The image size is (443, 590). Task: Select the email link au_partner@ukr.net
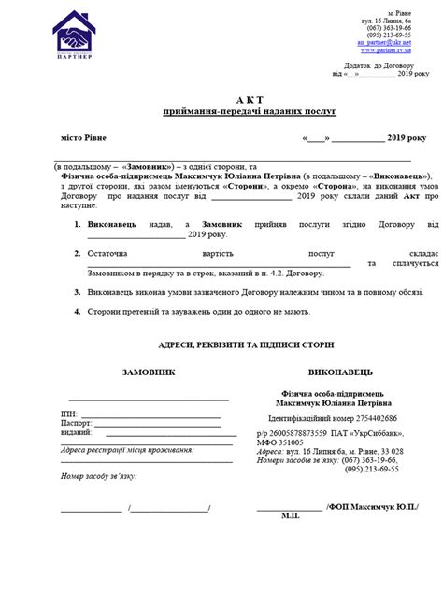pos(383,42)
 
